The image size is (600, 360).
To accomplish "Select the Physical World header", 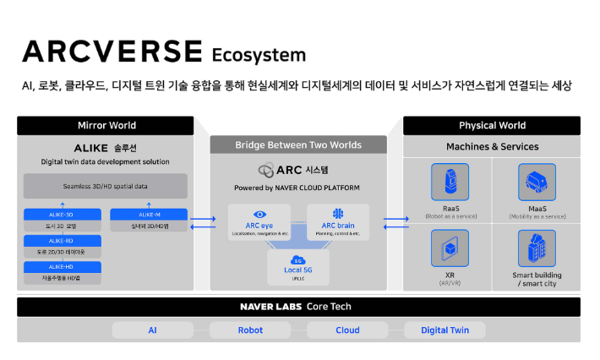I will (x=492, y=126).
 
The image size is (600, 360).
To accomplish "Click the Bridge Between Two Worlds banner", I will (x=298, y=145).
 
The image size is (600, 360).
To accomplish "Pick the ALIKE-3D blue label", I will (x=62, y=214).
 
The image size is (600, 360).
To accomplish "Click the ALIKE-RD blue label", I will (x=62, y=241).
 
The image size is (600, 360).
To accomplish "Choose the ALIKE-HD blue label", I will (x=62, y=267).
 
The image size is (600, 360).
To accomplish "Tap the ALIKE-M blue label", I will (x=149, y=214).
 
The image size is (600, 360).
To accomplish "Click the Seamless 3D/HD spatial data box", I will (x=106, y=186).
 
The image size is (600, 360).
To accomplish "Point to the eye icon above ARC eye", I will (x=259, y=214).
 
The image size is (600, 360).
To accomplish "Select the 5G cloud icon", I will (x=298, y=259).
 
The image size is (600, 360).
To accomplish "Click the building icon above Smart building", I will (x=537, y=248).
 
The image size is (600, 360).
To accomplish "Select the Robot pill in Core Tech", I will (x=250, y=330).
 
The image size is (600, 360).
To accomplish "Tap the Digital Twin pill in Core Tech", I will (x=445, y=330).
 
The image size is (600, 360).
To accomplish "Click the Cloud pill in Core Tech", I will (x=347, y=330).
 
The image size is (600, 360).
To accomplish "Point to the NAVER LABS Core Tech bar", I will (x=298, y=307).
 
